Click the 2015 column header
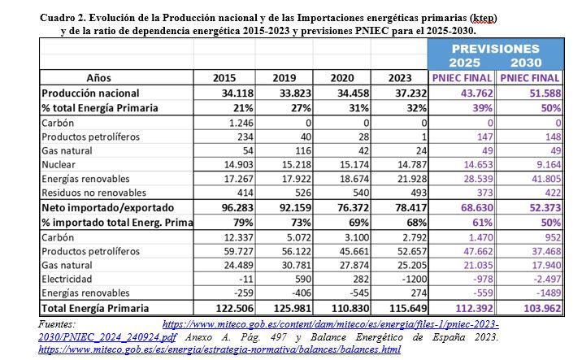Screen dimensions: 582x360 pyautogui.click(x=224, y=78)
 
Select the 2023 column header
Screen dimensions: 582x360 pyautogui.click(x=400, y=78)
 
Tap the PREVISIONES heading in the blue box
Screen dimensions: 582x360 pyautogui.click(x=495, y=49)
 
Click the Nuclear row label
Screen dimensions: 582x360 pyautogui.click(x=59, y=164)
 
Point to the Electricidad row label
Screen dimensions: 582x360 pyautogui.click(x=67, y=279)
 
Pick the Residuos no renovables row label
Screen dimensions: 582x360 pyautogui.click(x=94, y=193)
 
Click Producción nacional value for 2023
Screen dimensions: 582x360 pyautogui.click(x=410, y=93)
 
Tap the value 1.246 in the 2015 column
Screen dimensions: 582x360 pyautogui.click(x=241, y=123)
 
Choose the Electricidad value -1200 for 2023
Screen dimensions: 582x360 pyautogui.click(x=415, y=279)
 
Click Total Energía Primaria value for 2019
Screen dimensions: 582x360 pyautogui.click(x=293, y=309)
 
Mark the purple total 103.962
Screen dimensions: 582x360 pyautogui.click(x=542, y=309)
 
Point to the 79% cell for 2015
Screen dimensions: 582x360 pyautogui.click(x=243, y=223)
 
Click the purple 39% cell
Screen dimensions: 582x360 pyautogui.click(x=482, y=108)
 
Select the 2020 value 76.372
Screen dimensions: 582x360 pyautogui.click(x=353, y=207)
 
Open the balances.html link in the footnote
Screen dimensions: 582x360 pyautogui.click(x=219, y=349)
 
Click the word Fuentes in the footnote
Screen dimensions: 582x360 pyautogui.click(x=57, y=324)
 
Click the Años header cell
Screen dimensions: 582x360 pyautogui.click(x=98, y=78)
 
